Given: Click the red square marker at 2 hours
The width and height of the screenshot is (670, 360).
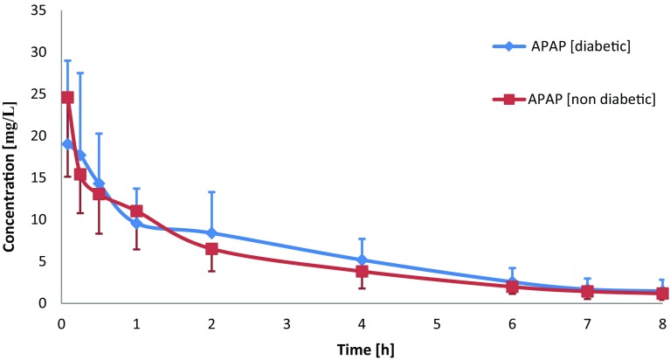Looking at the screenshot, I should pos(211,249).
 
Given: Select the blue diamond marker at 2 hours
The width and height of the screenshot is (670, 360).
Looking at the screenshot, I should pos(211,233).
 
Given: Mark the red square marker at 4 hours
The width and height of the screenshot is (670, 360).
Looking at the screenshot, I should pos(362,271).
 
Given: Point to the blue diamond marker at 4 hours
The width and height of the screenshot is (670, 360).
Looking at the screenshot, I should pos(362,260).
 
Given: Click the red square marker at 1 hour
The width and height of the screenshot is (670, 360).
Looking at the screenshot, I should pos(136,211).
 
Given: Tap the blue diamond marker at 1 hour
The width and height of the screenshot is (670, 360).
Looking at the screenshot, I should pos(136,224).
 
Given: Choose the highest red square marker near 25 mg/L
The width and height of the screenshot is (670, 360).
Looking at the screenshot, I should pos(67,98).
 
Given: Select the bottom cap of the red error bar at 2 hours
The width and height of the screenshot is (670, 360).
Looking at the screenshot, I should pos(211,271).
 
